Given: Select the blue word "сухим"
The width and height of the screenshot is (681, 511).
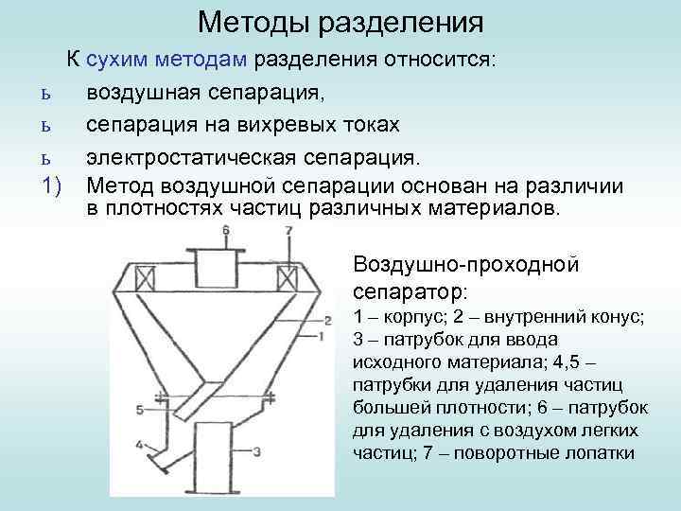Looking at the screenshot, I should coord(118,60).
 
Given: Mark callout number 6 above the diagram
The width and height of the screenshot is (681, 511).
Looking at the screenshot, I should coord(225,230).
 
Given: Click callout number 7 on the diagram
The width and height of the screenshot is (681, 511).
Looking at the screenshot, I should coord(288,230).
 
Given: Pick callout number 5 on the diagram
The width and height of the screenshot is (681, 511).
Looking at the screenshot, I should coord(140,409).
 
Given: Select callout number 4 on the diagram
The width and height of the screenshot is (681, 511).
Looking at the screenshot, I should coord(140,444).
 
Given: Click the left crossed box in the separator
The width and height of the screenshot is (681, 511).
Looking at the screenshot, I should coord(147,279).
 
